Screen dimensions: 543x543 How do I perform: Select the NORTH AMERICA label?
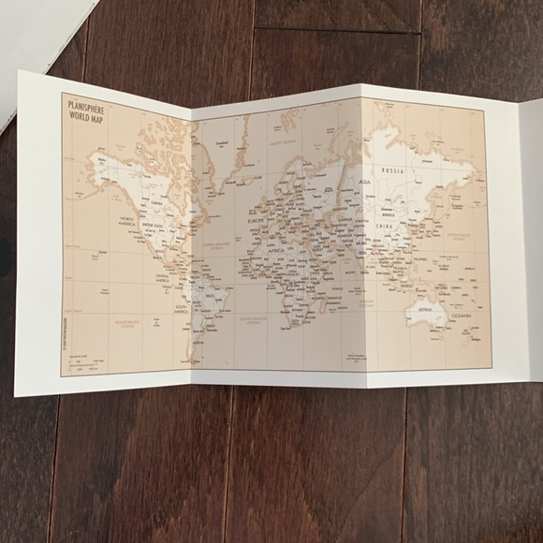127,222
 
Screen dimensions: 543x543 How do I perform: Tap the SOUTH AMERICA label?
183,308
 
